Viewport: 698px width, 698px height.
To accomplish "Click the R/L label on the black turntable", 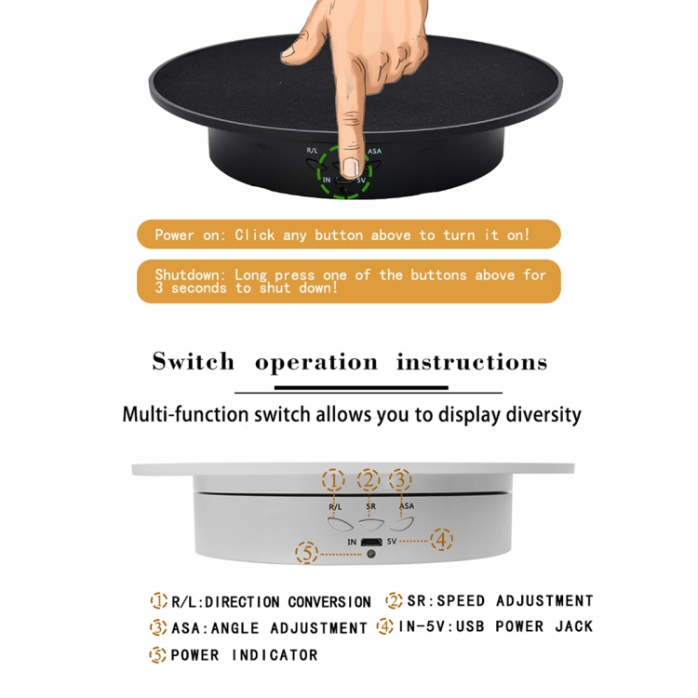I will (314, 149).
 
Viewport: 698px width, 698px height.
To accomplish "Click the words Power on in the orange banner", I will (187, 235).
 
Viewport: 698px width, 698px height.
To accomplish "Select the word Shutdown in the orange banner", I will (191, 275).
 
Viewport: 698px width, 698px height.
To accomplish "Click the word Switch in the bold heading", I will (194, 362).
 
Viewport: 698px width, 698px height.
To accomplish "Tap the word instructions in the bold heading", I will (472, 362).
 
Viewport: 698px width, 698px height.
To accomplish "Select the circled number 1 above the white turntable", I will (333, 480).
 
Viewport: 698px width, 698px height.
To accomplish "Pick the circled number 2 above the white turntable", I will (369, 480).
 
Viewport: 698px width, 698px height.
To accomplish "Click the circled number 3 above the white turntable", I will (400, 480).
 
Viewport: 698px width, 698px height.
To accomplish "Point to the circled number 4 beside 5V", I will (442, 539).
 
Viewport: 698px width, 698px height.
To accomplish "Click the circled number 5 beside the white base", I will (307, 554).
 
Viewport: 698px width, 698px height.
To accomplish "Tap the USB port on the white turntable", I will (370, 541).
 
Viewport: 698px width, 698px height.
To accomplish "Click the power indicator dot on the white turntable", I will (370, 554).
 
